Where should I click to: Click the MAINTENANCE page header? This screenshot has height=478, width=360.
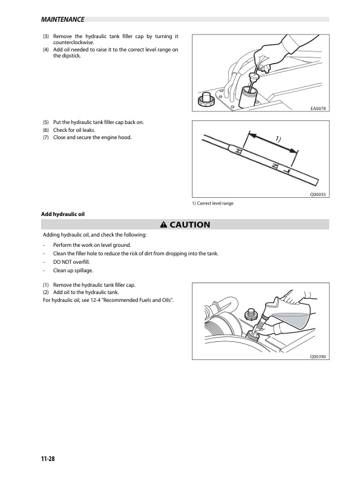62,19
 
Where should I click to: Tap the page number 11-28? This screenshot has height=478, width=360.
48,459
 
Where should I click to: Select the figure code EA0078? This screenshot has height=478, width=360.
318,108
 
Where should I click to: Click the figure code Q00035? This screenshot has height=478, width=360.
318,194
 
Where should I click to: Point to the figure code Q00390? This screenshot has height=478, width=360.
318,356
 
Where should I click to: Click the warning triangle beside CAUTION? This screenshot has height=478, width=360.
163,224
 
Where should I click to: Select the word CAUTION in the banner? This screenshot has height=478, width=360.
190,224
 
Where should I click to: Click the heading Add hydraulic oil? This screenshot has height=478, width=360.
63,214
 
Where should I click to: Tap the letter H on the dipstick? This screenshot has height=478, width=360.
238,151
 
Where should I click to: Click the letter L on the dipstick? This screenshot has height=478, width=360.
287,171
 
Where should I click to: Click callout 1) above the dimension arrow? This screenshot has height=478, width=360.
278,139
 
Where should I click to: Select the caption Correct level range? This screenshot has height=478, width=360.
215,203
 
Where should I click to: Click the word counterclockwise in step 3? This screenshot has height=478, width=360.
73,42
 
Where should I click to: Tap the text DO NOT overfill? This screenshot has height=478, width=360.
71,262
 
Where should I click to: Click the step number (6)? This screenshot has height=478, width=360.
46,130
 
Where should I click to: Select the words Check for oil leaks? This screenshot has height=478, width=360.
74,130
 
